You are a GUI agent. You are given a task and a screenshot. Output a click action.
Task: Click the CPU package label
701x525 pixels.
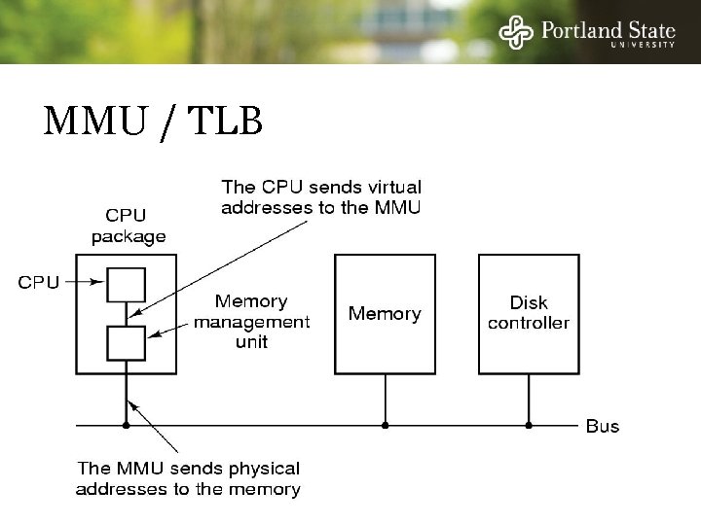point(129,227)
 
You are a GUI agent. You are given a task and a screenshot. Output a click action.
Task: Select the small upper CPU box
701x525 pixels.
point(127,285)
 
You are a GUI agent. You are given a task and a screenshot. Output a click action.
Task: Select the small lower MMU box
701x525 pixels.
point(127,342)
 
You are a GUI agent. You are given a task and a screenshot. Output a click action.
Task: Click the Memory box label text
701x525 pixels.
point(385,314)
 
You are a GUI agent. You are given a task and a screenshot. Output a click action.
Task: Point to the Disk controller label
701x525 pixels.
point(529,313)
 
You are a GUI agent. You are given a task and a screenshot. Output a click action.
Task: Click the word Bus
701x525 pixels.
point(602,426)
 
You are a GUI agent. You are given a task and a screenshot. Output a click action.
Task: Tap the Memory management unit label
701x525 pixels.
point(251,322)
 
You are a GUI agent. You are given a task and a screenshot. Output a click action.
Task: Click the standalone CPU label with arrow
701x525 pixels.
point(39,283)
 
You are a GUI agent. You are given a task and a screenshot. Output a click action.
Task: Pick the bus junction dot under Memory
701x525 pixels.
point(385,425)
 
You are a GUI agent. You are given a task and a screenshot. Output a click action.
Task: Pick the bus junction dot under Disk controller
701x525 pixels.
point(529,425)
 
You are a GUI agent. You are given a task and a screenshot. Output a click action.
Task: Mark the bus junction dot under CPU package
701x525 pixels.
point(127,425)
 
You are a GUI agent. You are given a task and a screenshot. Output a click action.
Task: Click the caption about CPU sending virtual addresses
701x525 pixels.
point(321,195)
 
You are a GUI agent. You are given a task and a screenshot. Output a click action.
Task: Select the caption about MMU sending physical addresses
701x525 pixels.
point(188,478)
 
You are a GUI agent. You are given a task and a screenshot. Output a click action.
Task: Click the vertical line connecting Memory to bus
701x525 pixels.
point(385,399)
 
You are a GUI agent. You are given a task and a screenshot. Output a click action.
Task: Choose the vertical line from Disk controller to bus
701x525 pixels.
point(529,399)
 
